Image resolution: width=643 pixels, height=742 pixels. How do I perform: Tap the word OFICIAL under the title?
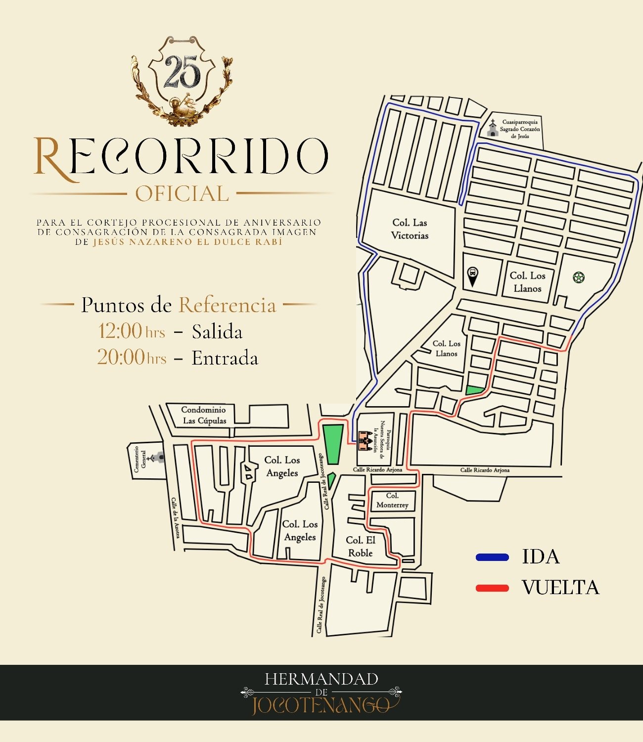pyautogui.click(x=182, y=193)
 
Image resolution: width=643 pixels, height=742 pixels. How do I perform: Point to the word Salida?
pyautogui.click(x=217, y=332)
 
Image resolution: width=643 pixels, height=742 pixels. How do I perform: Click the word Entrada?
pyautogui.click(x=225, y=358)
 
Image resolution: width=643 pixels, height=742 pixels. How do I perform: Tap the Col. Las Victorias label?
pyautogui.click(x=410, y=229)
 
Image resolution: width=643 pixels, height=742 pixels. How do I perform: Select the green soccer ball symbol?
pyautogui.click(x=579, y=277)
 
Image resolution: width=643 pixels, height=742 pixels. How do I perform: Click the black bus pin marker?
pyautogui.click(x=473, y=276)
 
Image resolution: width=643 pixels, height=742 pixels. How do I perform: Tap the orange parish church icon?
pyautogui.click(x=365, y=441)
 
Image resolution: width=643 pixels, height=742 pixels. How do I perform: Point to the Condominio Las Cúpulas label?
pyautogui.click(x=204, y=415)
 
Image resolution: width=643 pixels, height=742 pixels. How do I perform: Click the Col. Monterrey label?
pyautogui.click(x=392, y=500)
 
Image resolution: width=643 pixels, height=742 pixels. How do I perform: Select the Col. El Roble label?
pyautogui.click(x=360, y=547)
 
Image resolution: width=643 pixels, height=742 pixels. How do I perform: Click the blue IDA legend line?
pyautogui.click(x=492, y=557)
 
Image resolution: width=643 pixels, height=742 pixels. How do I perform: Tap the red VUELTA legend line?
pyautogui.click(x=492, y=588)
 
